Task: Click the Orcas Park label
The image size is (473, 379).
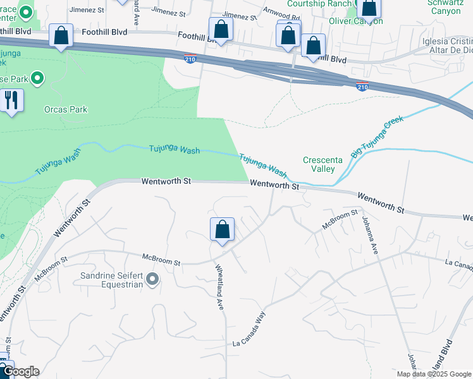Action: click(66, 109)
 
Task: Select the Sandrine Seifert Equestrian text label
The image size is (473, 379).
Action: click(111, 280)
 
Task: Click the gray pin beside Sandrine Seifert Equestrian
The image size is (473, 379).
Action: click(152, 279)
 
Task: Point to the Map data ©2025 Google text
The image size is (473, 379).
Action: click(434, 374)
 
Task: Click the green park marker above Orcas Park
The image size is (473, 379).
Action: click(37, 79)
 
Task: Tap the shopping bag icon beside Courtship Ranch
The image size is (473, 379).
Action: click(368, 8)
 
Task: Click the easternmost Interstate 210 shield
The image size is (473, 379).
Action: click(362, 87)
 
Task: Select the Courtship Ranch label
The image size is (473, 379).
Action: click(319, 4)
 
